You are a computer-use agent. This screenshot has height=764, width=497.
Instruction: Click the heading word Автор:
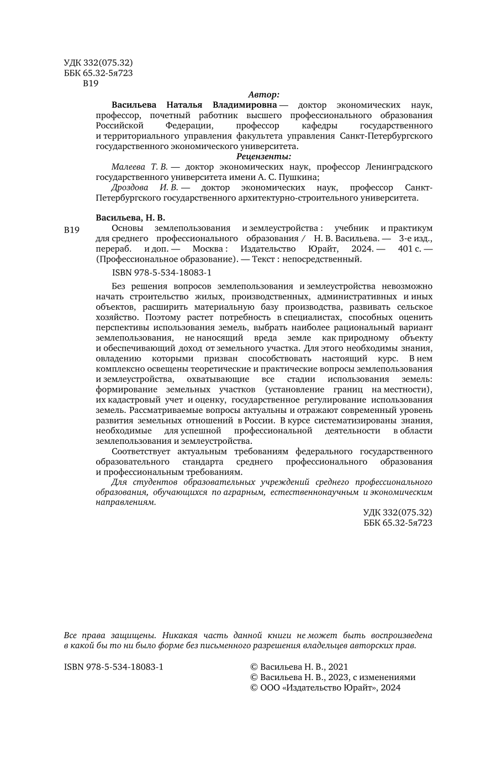264,94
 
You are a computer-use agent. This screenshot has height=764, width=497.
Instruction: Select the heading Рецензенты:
263,156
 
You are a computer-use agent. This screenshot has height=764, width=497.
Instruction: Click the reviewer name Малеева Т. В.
140,167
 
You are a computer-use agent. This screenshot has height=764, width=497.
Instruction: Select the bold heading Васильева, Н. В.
130,217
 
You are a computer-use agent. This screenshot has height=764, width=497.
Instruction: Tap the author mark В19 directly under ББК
90,84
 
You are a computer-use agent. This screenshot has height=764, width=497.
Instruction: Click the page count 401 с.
411,249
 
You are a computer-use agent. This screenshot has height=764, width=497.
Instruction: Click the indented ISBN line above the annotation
162,273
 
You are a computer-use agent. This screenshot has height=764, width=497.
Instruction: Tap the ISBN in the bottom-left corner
114,666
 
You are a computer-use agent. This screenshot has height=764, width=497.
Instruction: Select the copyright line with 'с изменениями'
333,677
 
